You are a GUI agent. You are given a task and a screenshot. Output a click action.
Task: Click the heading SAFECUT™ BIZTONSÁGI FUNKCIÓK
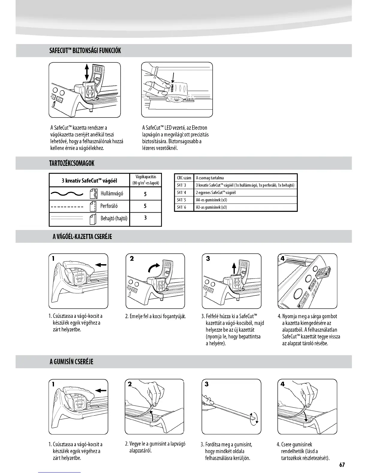pos(85,50)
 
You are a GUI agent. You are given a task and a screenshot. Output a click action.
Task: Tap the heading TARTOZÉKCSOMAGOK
pos(72,163)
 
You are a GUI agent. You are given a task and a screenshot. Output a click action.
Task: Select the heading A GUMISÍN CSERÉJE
pos(72,362)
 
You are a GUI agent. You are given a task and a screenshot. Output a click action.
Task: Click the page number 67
pos(342,465)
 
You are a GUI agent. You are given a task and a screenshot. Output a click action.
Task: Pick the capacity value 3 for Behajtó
pos(145,218)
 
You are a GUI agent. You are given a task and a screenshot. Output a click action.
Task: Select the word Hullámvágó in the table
pos(112,194)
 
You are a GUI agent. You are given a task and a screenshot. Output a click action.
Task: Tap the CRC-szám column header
pos(184,178)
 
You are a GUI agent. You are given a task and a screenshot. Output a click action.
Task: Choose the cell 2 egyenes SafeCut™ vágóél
pos(216,193)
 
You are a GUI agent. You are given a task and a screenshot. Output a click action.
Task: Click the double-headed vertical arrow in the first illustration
pos(87,71)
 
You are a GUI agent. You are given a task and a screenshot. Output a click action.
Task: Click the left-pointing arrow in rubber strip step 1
pos(101,390)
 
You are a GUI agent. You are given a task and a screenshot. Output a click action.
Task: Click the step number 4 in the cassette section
pos(282,258)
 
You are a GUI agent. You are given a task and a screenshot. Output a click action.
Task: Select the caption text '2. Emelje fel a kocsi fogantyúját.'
pos(155,316)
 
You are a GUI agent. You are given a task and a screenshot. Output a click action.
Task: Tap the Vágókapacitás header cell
pos(146,180)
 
